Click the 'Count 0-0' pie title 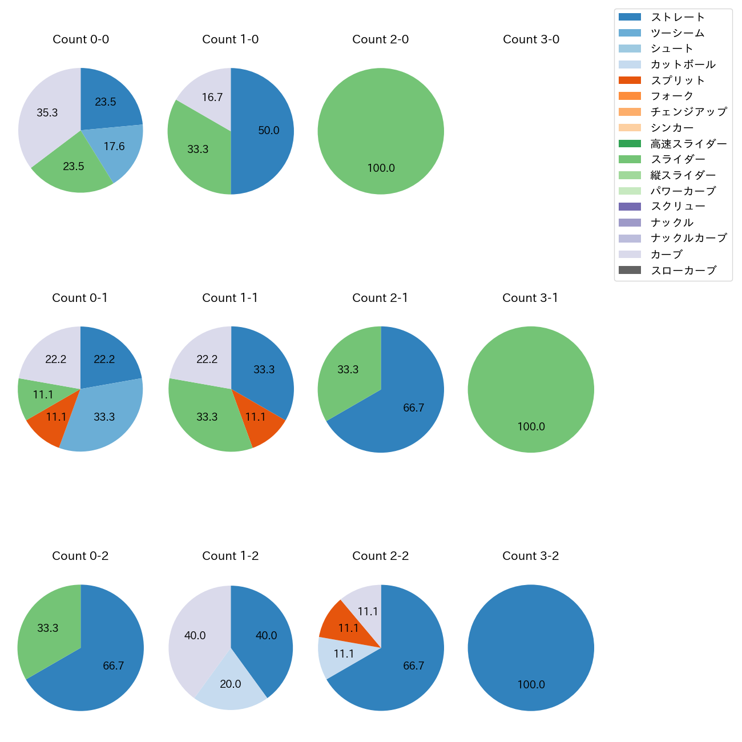(x=80, y=39)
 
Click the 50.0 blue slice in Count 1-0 (x=265, y=131)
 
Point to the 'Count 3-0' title (x=531, y=39)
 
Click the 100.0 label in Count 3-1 (x=531, y=426)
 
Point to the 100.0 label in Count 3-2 (x=531, y=684)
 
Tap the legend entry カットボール (x=683, y=64)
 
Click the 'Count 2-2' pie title (x=380, y=556)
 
